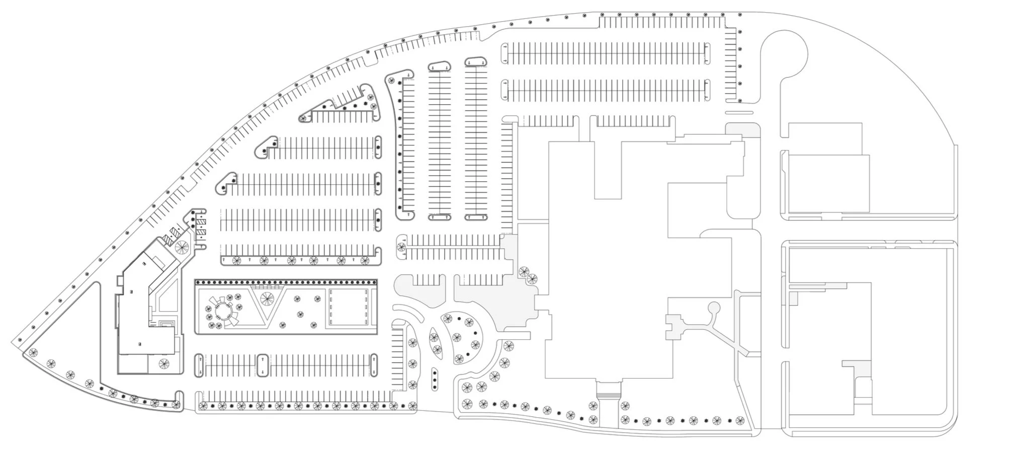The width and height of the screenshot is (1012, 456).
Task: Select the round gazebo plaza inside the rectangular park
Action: coord(222,313)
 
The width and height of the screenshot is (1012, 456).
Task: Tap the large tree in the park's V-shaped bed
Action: coord(266,298)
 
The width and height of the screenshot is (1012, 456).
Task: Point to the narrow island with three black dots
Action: coord(434,379)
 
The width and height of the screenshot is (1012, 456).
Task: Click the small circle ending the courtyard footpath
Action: coord(713,307)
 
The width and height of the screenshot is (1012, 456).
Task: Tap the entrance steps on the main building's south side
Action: coord(609,390)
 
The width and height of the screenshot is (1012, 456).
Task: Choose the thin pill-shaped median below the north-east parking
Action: coord(739,113)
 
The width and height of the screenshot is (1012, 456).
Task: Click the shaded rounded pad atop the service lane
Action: coord(742,129)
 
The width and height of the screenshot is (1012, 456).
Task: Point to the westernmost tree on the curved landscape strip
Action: coord(34,352)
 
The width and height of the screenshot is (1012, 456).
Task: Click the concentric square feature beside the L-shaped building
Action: coord(166,324)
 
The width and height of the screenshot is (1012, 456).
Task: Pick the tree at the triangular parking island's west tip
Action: coord(303,118)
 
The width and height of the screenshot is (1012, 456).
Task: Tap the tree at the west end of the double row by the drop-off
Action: coord(401,247)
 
